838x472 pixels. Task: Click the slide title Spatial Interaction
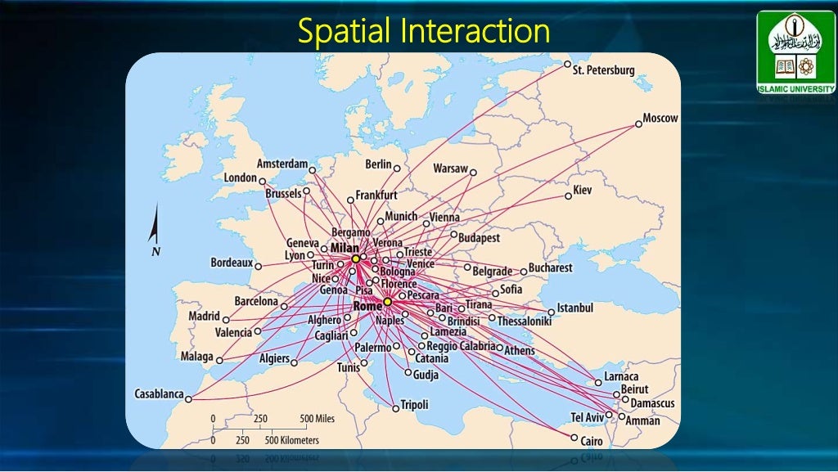(423, 31)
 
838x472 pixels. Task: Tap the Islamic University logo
(795, 52)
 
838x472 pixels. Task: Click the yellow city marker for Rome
(387, 302)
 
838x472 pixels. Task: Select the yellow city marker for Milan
(356, 258)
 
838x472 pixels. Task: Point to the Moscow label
(660, 118)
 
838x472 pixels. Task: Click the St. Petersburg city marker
(567, 64)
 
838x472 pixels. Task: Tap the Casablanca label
(159, 393)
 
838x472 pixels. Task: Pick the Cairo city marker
(574, 438)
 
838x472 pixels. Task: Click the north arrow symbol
(154, 229)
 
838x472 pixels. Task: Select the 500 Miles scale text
(317, 419)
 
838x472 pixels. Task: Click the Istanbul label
(575, 308)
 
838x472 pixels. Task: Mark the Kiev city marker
(567, 196)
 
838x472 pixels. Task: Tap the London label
(241, 178)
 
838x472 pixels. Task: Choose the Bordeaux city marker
(258, 266)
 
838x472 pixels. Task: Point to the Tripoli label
(415, 404)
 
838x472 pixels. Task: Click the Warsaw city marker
(473, 172)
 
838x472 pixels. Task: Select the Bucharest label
(551, 267)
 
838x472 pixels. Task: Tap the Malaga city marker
(219, 359)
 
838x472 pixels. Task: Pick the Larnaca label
(621, 376)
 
